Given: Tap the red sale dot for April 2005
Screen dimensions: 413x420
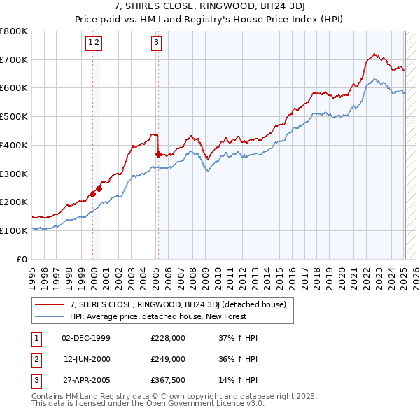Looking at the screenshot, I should point(158,154).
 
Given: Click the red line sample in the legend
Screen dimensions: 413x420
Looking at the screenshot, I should point(49,304).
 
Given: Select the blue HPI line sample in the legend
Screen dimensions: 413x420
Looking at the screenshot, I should point(49,316).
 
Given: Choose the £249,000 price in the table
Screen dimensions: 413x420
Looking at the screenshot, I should point(167,359).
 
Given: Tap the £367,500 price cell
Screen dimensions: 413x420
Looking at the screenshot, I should point(167,380).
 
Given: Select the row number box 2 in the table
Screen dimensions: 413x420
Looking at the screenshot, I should point(35,359).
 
